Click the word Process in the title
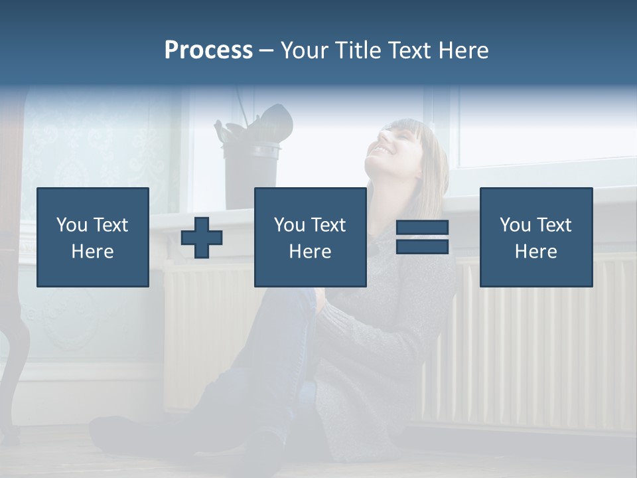coord(208,50)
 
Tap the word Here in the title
coord(462,50)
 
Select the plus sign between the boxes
coord(202,238)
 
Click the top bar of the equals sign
coord(422,228)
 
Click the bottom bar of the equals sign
coord(422,247)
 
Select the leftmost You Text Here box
coord(93,237)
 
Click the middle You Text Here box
coord(310,237)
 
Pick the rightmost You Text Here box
coord(536,237)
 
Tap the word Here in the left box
coord(92,252)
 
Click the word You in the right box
coord(515,225)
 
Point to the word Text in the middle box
coord(328,225)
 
